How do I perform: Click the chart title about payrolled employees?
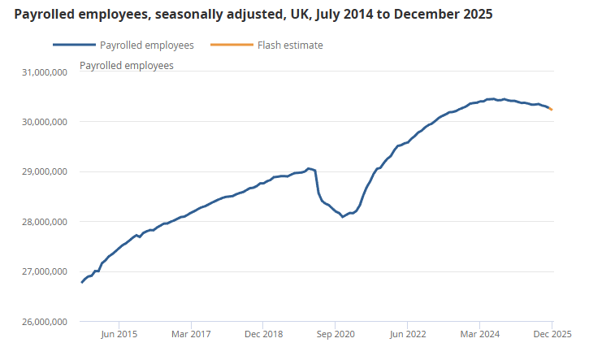pos(253,15)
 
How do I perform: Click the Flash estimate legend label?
pos(290,46)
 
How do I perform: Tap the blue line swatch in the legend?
pos(71,46)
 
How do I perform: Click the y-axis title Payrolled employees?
pos(126,65)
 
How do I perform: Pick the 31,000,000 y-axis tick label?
pos(45,72)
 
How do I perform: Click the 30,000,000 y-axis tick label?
pos(45,122)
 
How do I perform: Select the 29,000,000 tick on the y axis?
pos(45,172)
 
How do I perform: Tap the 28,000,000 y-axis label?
pos(45,222)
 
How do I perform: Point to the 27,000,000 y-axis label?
pos(45,271)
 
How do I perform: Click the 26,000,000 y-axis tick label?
pos(45,322)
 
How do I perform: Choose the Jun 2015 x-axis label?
pos(119,334)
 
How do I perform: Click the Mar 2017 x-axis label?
pos(191,334)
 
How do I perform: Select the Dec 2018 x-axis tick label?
pos(263,334)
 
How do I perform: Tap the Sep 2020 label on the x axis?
pos(335,334)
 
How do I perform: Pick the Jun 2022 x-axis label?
pos(407,334)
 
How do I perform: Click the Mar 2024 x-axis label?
pos(479,334)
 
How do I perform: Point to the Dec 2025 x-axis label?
pos(552,334)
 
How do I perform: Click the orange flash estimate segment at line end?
pos(551,108)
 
